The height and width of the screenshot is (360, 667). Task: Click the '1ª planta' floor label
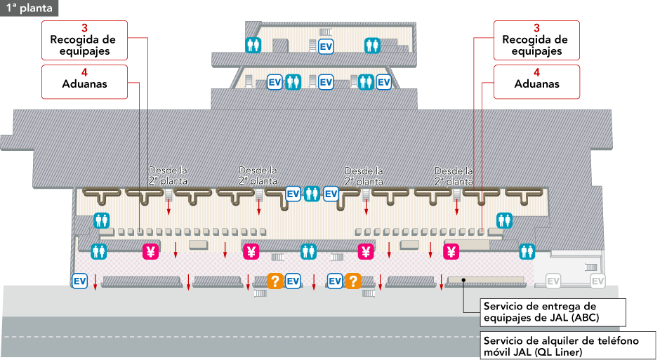pos(27,8)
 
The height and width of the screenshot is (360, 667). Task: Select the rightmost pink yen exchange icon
pos(451,251)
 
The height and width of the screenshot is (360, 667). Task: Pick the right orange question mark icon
pos(352,281)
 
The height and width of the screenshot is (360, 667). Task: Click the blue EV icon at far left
pos(80,281)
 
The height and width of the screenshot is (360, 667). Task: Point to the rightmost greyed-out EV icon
pos(597,281)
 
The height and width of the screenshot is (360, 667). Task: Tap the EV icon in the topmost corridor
pos(326,46)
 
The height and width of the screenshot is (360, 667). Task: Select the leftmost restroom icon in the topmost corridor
pos(253,45)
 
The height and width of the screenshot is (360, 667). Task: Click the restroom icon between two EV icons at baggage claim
pos(312,194)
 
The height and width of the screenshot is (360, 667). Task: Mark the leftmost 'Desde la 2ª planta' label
pos(168,175)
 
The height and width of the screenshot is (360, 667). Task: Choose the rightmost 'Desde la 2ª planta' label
pos(454,175)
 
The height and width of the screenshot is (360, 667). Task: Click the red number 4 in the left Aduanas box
pos(84,72)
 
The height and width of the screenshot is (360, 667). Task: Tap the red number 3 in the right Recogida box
pos(536,28)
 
